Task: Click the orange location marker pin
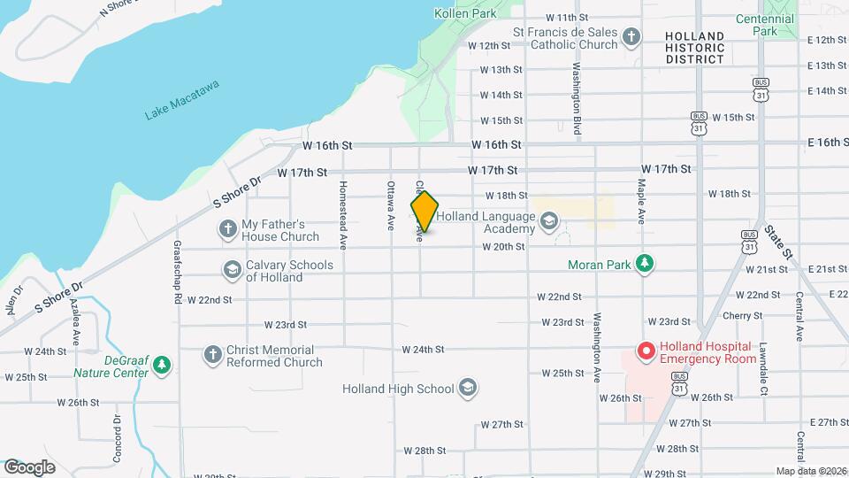coord(424,212)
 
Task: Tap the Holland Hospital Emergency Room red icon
coord(646,352)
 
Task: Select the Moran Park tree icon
coord(646,263)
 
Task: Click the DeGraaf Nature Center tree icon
coord(161,365)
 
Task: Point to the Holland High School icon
coord(468,388)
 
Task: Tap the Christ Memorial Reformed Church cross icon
coord(212,354)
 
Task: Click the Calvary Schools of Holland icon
coord(233,270)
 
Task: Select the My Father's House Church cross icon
coord(228,229)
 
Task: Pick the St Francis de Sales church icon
coord(631,37)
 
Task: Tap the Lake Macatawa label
coord(182,100)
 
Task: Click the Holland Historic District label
coord(694,48)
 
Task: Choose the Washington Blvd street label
coord(576,97)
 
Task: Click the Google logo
coord(30,467)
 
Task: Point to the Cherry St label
coord(741,315)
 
